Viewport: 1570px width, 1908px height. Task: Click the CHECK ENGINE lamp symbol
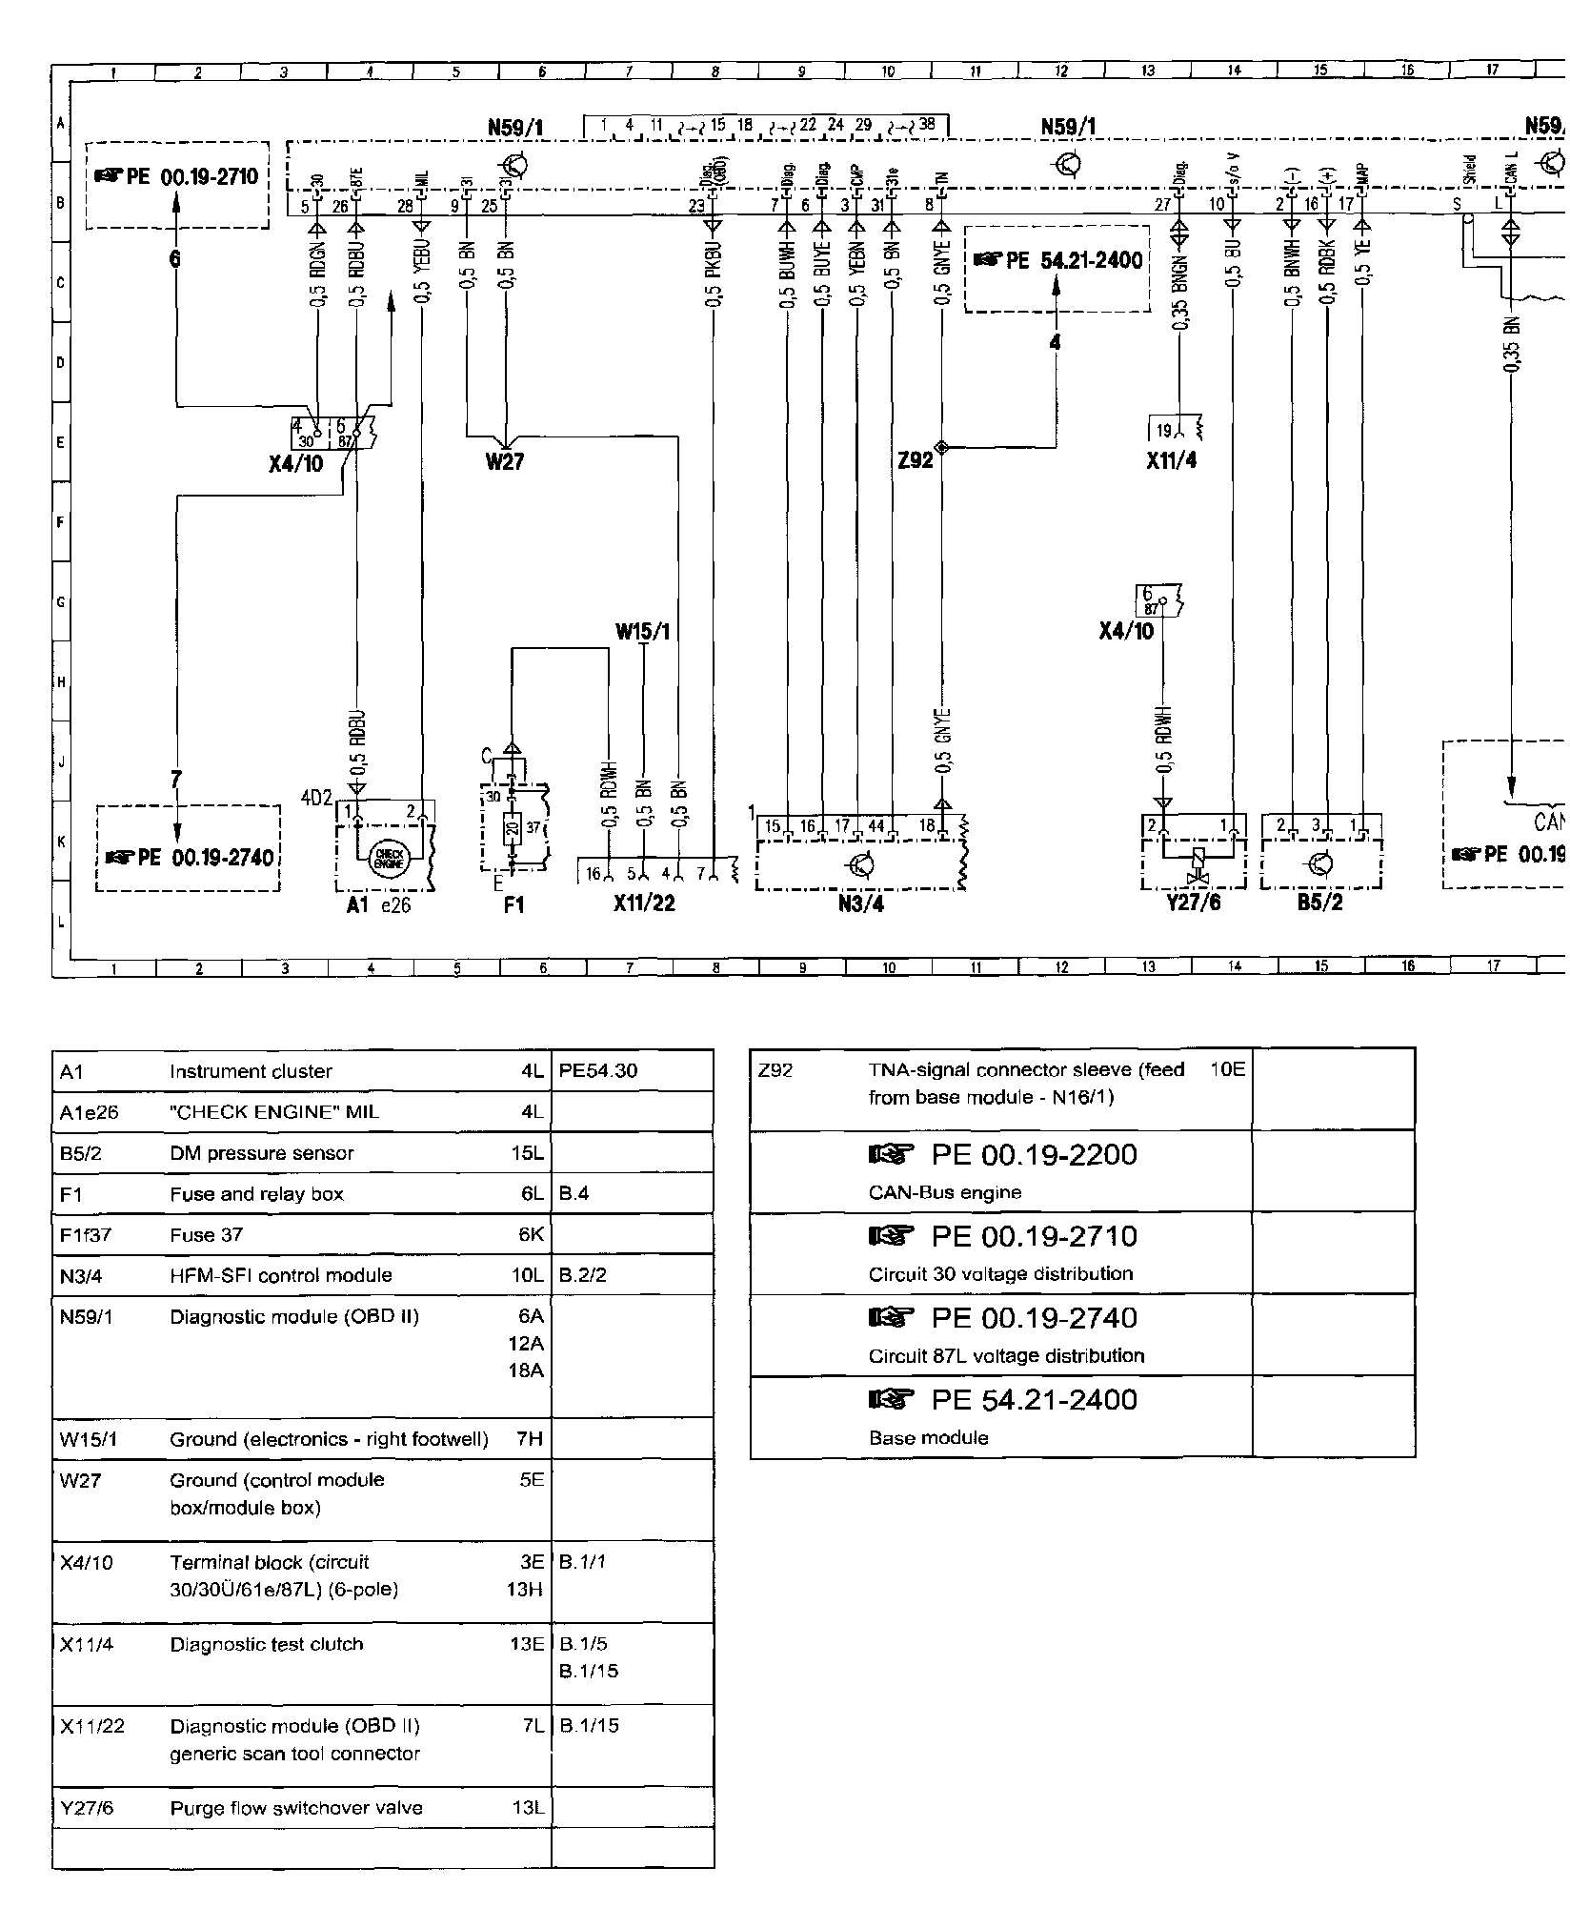(388, 856)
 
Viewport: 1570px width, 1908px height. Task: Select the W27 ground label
(504, 462)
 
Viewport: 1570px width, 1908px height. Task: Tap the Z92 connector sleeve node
(941, 447)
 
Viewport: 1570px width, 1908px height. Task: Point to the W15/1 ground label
(642, 631)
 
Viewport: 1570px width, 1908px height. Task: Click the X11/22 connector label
(644, 903)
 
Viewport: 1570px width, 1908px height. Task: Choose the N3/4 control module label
(860, 903)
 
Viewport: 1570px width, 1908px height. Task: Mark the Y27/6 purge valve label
(1193, 902)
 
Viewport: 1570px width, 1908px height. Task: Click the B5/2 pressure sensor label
(1319, 902)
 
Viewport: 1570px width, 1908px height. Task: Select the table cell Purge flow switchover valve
(296, 1808)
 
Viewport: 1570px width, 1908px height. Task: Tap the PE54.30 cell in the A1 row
(598, 1070)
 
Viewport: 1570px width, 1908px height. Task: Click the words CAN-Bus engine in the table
(945, 1192)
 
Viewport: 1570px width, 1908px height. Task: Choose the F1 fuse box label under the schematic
(513, 903)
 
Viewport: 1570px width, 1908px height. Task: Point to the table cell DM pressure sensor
(262, 1153)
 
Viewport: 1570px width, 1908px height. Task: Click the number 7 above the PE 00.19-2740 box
(175, 779)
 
